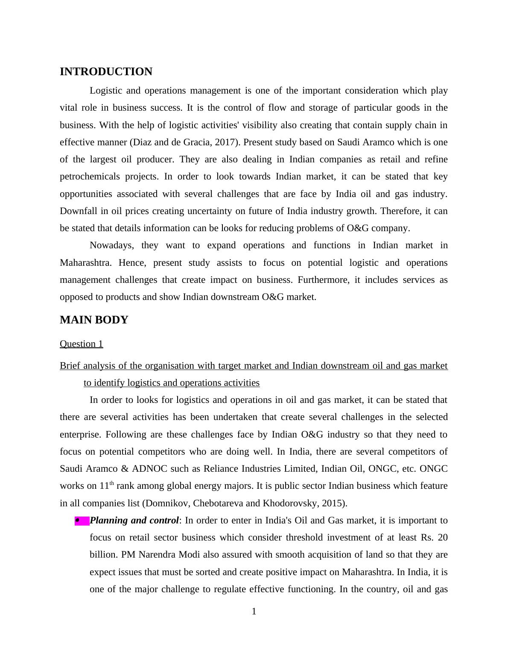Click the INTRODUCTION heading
click(x=106, y=72)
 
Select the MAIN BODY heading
click(x=94, y=320)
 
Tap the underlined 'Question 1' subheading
click(x=81, y=344)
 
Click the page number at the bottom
click(x=254, y=611)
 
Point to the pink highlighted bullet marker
click(x=82, y=521)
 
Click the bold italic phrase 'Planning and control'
click(x=134, y=520)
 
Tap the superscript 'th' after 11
click(x=112, y=483)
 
